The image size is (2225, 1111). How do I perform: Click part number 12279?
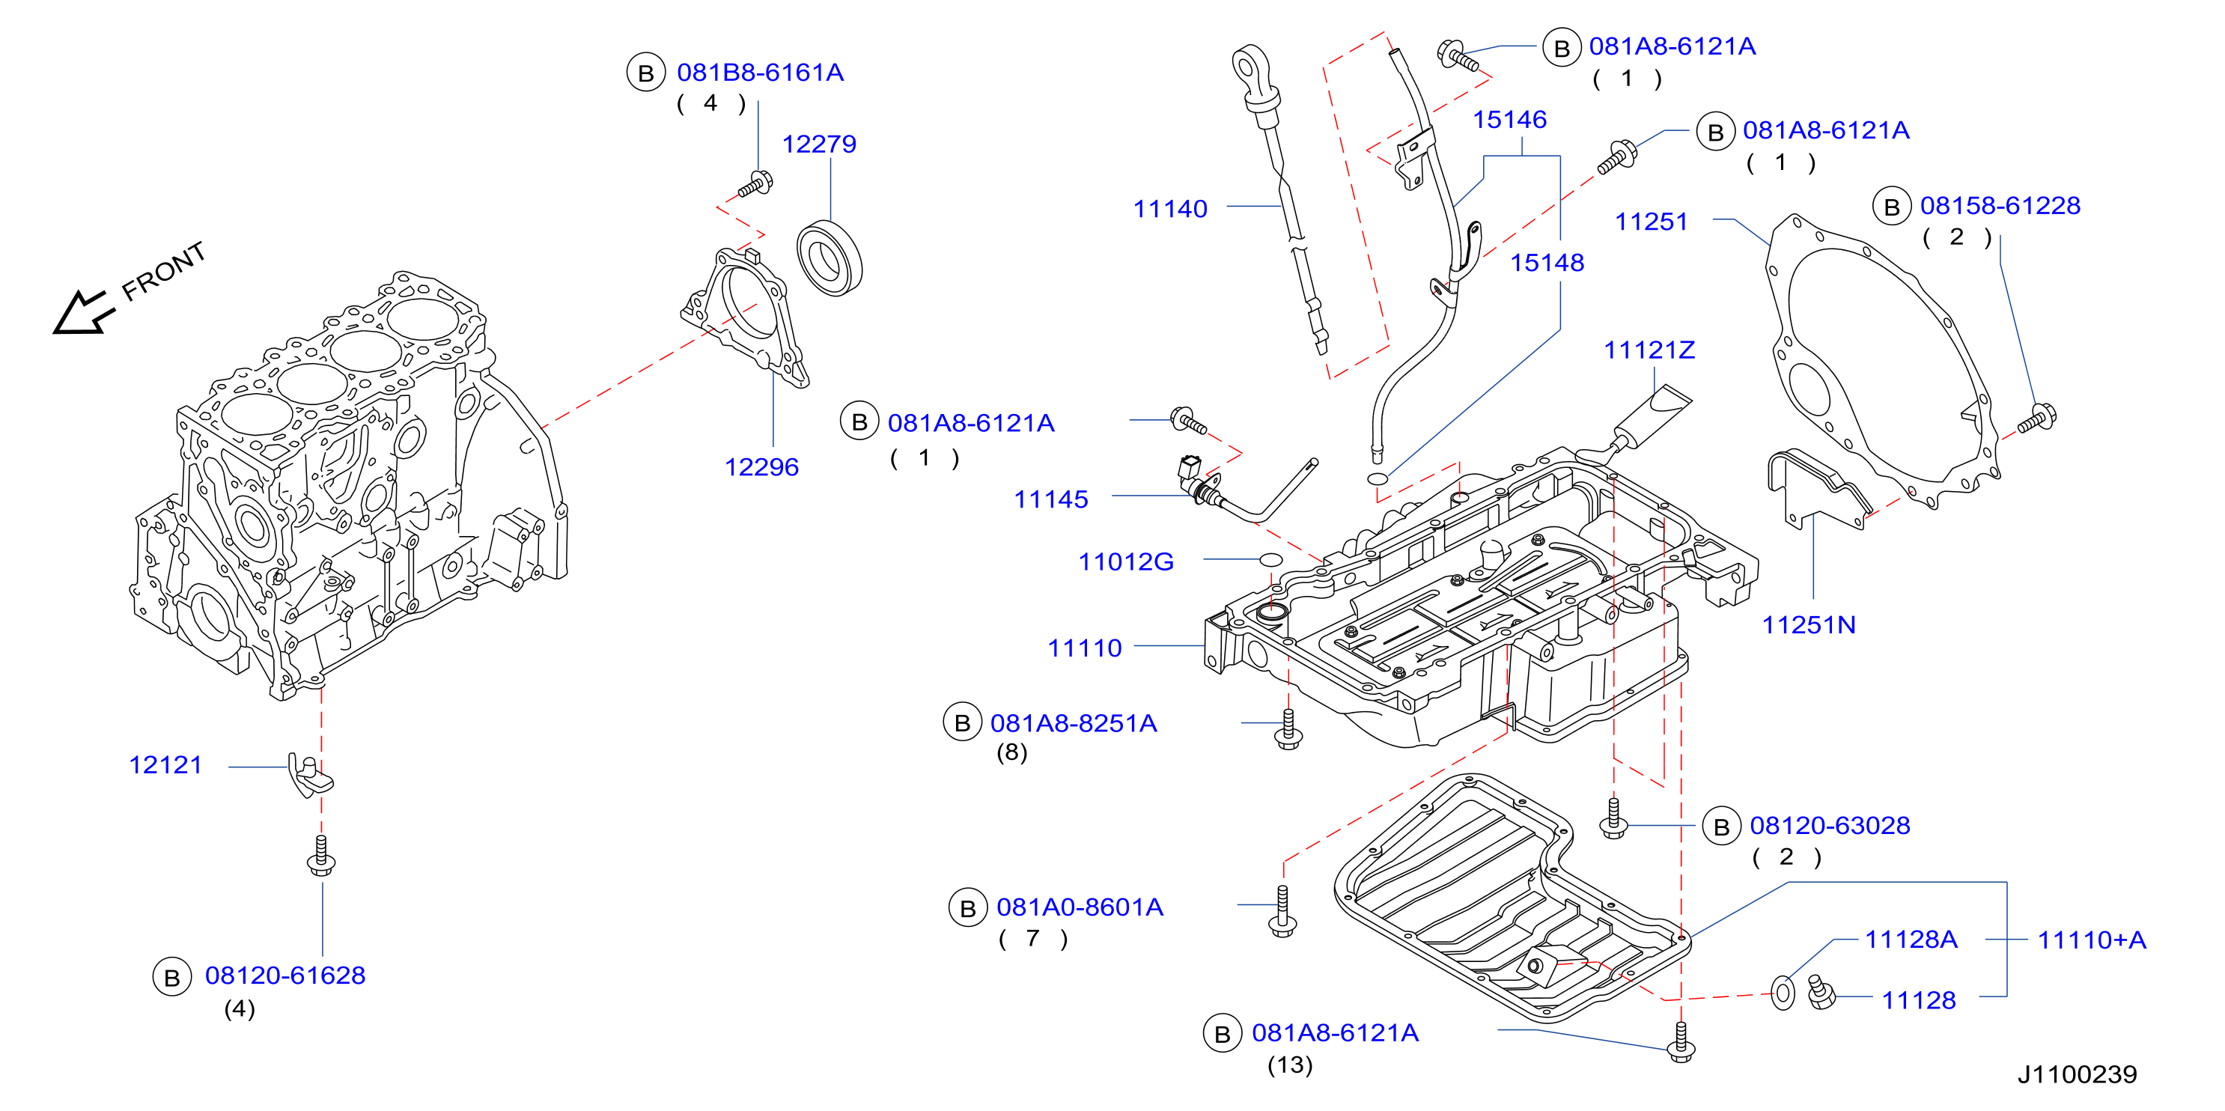[819, 144]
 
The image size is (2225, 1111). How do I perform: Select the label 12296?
[761, 466]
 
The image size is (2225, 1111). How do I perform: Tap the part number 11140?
[1169, 208]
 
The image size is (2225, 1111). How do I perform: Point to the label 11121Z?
[1649, 350]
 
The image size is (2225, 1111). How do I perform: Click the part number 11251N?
[1809, 624]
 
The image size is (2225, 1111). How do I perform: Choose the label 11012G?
[1125, 561]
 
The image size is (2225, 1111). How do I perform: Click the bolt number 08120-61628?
[285, 975]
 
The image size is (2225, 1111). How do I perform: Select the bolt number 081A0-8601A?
[1080, 907]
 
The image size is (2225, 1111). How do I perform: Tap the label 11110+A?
[2091, 940]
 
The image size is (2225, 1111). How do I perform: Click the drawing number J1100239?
[2077, 1074]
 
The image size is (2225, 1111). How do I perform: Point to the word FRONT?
[163, 271]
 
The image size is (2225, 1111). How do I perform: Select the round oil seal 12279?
[830, 258]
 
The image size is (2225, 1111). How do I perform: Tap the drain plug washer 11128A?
[1783, 993]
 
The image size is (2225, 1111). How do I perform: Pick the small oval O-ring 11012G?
[1270, 560]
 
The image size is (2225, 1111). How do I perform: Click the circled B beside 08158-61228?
[1892, 207]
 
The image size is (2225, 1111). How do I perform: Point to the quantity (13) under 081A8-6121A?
[1290, 1065]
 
